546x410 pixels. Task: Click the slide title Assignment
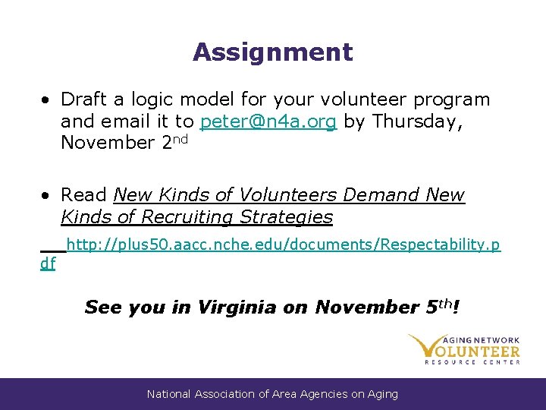click(272, 52)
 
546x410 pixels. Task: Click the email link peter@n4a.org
click(268, 121)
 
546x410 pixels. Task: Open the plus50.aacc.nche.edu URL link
click(283, 244)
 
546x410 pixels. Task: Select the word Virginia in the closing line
click(237, 307)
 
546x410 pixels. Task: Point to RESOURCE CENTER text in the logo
click(472, 362)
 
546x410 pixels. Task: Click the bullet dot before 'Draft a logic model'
click(47, 100)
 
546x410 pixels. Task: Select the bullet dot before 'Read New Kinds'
click(47, 196)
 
